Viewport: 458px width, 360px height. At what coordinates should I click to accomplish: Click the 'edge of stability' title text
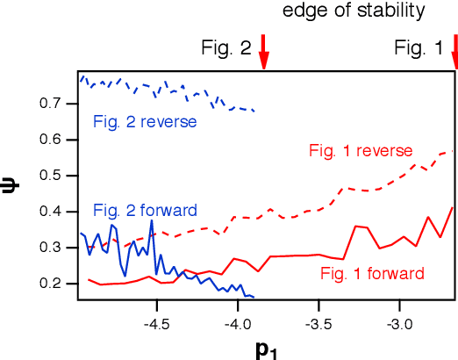pyautogui.click(x=354, y=11)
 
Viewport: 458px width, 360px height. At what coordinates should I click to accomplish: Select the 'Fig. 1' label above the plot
pyautogui.click(x=419, y=49)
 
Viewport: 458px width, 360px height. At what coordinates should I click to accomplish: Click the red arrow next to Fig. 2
pyautogui.click(x=263, y=58)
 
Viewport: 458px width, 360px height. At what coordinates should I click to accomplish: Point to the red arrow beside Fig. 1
pyautogui.click(x=454, y=58)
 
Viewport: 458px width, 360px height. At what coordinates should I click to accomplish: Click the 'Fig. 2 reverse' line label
pyautogui.click(x=145, y=121)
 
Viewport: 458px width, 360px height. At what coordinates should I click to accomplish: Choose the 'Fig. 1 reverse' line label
pyautogui.click(x=360, y=150)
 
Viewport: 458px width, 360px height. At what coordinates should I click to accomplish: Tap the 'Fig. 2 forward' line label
pyautogui.click(x=145, y=211)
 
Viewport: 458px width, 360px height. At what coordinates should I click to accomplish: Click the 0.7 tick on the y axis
pyautogui.click(x=59, y=104)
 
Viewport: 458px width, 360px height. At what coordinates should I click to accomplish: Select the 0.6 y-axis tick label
pyautogui.click(x=59, y=140)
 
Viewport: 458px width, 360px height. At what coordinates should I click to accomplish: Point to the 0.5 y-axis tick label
pyautogui.click(x=59, y=176)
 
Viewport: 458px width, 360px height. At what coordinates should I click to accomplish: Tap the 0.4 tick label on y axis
pyautogui.click(x=59, y=212)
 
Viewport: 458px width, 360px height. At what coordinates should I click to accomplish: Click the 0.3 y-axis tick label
pyautogui.click(x=59, y=248)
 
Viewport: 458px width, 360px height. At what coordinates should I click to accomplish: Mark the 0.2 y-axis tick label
pyautogui.click(x=59, y=284)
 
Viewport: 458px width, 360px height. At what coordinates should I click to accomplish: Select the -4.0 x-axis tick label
pyautogui.click(x=238, y=321)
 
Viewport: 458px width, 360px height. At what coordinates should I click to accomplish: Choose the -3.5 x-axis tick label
pyautogui.click(x=318, y=321)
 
